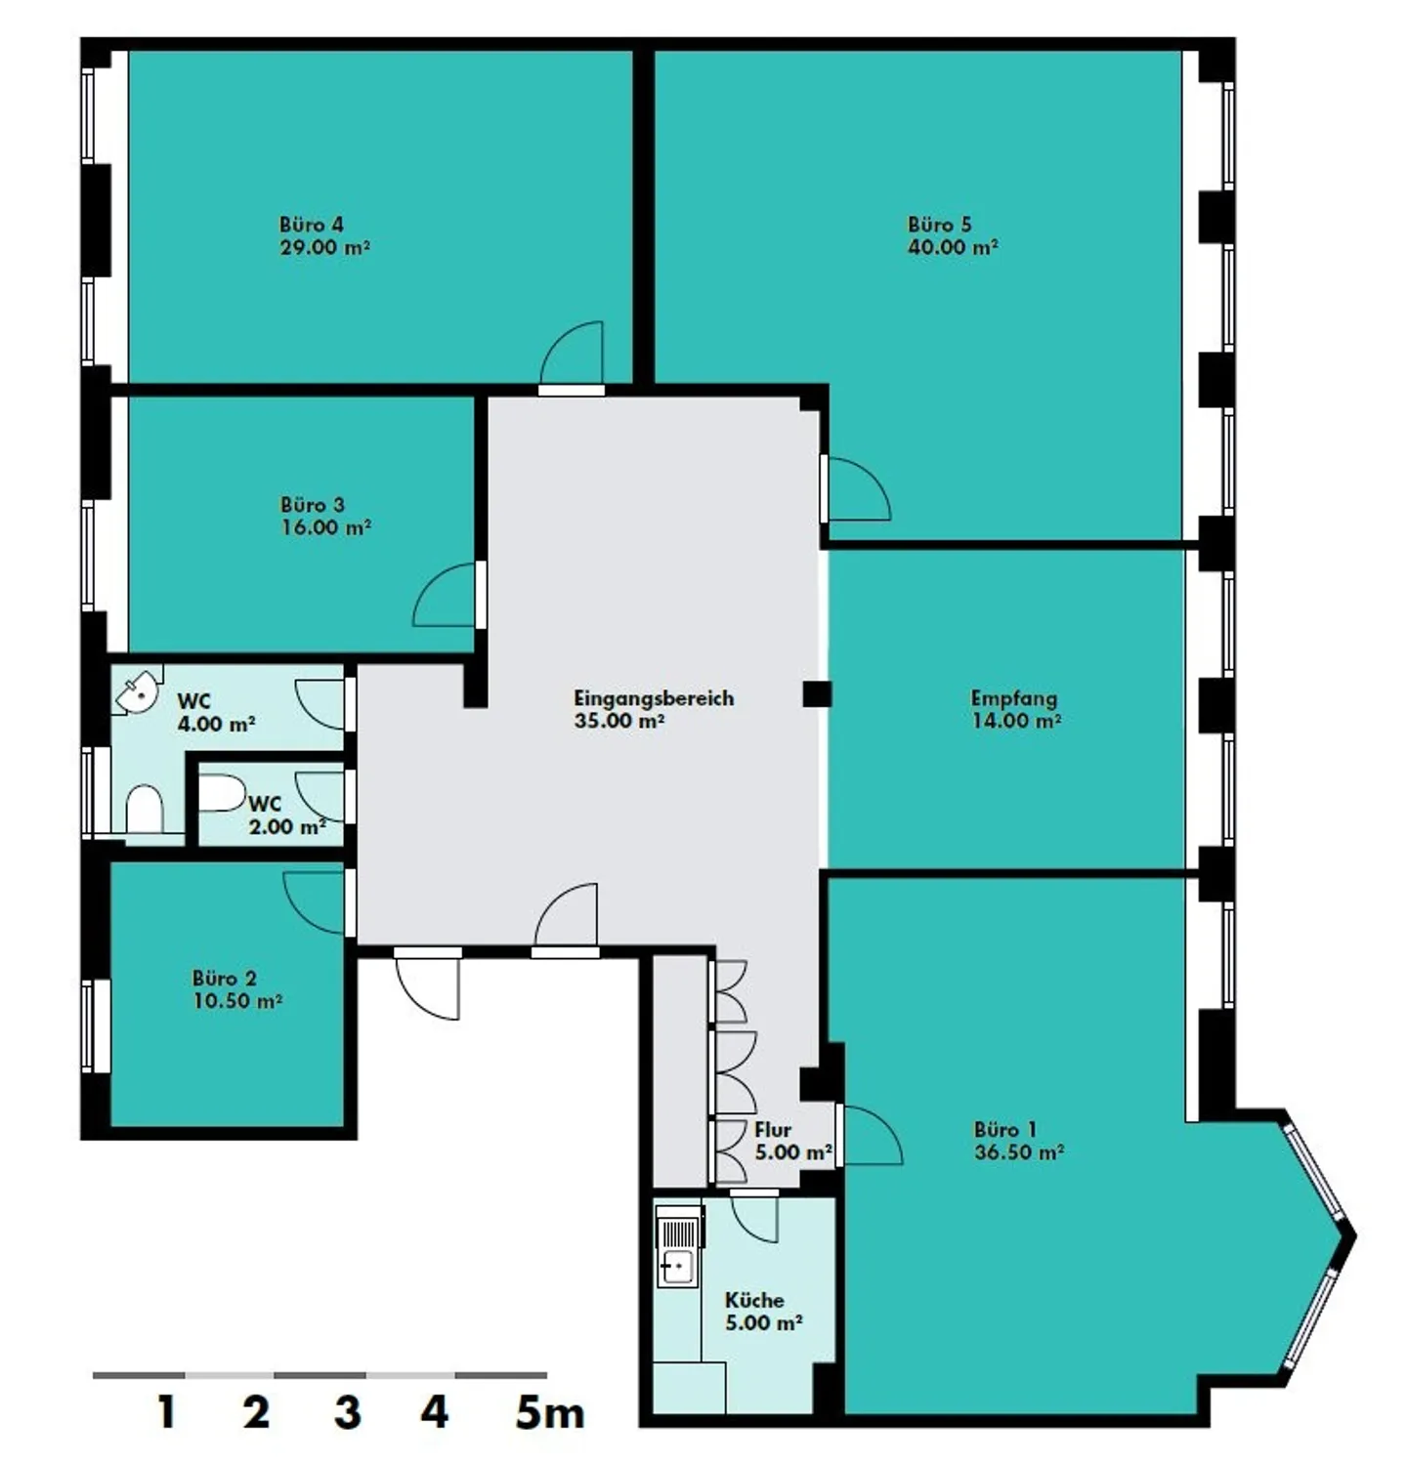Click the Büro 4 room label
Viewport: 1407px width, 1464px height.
click(x=312, y=225)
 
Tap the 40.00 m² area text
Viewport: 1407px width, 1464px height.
click(x=953, y=247)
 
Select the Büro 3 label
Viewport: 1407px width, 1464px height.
click(x=313, y=505)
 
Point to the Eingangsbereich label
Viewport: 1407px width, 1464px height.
click(x=654, y=698)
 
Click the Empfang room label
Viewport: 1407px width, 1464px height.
click(x=1014, y=698)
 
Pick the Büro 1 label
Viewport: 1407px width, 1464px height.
click(x=1005, y=1130)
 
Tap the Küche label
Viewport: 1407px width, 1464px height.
click(x=754, y=1300)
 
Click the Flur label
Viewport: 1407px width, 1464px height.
click(x=773, y=1130)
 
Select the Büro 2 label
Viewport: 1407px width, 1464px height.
click(x=225, y=979)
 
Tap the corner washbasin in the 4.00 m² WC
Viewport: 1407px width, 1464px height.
click(x=137, y=690)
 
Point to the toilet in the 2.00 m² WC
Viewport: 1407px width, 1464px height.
click(x=221, y=793)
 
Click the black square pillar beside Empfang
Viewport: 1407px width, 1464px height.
click(x=817, y=694)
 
